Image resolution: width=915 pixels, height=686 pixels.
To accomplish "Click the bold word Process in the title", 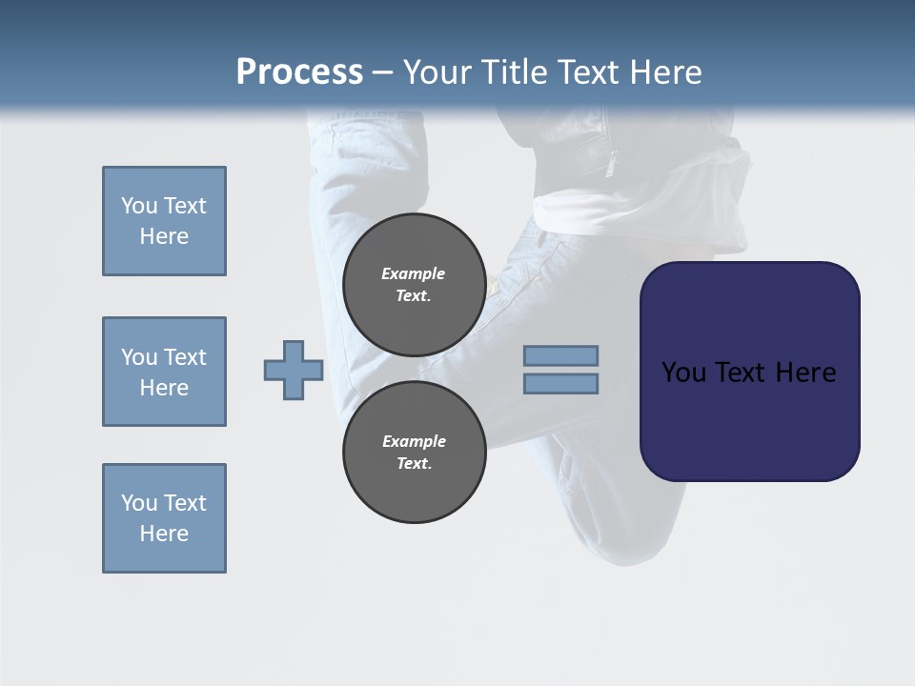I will coord(299,72).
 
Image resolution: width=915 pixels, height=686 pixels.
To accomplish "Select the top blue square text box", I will coord(164,221).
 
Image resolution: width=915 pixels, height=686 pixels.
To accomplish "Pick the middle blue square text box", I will coord(164,372).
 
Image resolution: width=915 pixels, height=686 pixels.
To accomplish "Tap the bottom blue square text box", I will coord(164,518).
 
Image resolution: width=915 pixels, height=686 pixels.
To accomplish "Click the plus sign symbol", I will coord(294,370).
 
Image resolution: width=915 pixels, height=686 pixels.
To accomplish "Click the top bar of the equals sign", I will coord(560,355).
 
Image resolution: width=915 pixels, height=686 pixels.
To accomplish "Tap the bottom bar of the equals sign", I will coord(560,384).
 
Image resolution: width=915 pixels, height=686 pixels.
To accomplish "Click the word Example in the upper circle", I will coord(414,273).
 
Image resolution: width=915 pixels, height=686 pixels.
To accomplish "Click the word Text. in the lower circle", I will coord(414,464).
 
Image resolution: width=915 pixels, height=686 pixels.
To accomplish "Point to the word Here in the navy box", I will coord(804,373).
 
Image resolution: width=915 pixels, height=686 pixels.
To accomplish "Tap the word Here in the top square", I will coord(164,236).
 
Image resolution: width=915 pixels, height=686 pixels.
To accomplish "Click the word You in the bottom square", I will coord(139,503).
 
